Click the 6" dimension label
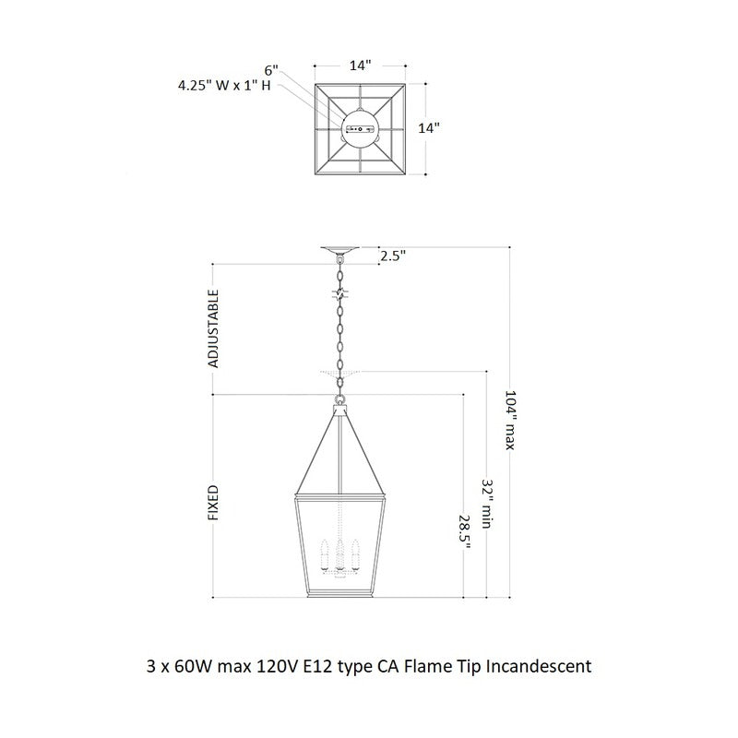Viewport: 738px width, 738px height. pos(270,69)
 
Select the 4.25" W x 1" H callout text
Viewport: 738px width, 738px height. pos(225,87)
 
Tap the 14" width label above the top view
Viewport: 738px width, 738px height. pos(360,65)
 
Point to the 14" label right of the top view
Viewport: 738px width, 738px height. pos(429,128)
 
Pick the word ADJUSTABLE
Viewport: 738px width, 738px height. pos(213,329)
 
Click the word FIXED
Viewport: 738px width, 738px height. pos(213,503)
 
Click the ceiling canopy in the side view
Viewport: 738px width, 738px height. pos(341,251)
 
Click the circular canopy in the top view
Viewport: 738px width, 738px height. pos(360,128)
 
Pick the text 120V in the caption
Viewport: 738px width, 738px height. pos(275,664)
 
